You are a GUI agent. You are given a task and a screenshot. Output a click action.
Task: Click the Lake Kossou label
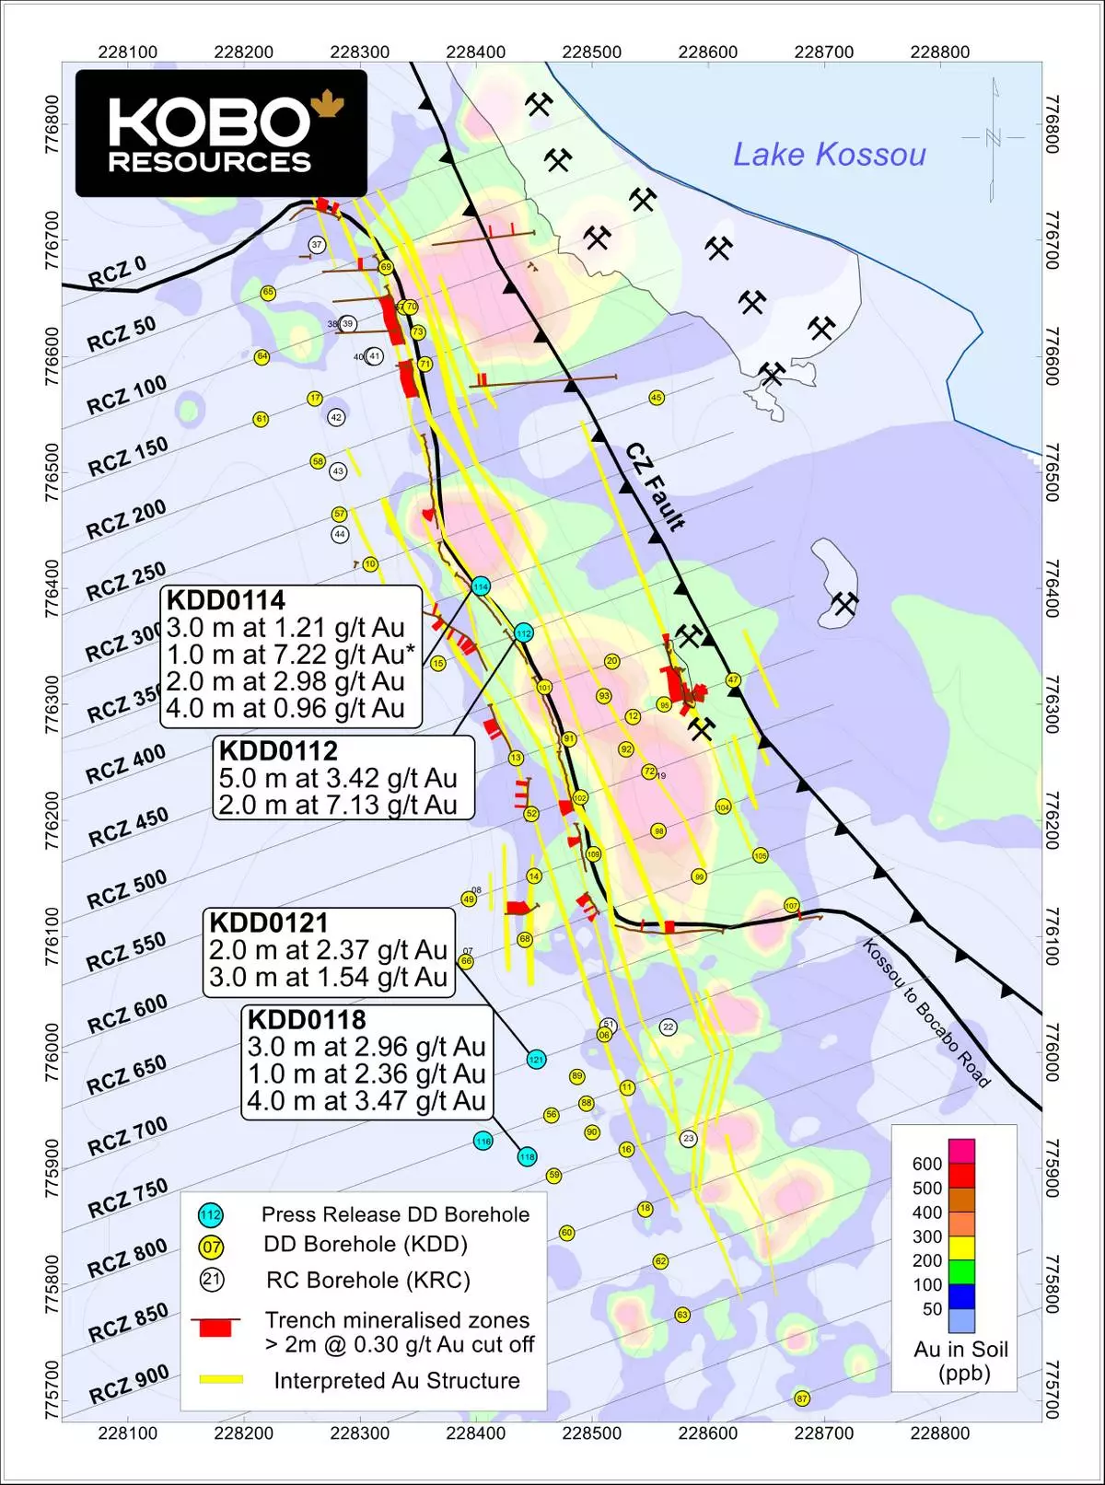[x=829, y=155]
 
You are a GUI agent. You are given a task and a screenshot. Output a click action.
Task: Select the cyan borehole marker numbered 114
[x=480, y=586]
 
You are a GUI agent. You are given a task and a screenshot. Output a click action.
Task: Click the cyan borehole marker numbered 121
[x=536, y=1060]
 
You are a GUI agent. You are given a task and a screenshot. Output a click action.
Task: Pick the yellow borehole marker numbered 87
[x=802, y=1398]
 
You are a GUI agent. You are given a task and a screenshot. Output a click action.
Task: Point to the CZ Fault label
[x=656, y=487]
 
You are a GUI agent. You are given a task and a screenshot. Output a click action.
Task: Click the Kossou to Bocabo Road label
[x=925, y=1013]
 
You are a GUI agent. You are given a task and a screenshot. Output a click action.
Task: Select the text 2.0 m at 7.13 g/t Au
[x=338, y=805]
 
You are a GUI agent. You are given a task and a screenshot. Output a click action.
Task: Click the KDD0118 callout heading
[x=307, y=1020]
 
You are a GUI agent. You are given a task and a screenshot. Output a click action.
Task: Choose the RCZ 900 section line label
[x=129, y=1385]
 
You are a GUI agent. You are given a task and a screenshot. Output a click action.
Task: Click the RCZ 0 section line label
[x=117, y=273]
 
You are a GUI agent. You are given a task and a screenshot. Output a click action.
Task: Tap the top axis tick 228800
[x=939, y=52]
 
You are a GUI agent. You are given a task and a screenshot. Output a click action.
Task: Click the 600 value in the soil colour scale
[x=927, y=1164]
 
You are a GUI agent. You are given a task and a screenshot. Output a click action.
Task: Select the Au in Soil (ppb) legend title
[x=960, y=1361]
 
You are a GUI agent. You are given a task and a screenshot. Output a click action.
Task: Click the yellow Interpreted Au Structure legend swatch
[x=221, y=1379]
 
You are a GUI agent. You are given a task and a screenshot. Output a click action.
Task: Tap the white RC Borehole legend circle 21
[x=212, y=1280]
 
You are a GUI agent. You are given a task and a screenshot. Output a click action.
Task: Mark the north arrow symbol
[x=993, y=138]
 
